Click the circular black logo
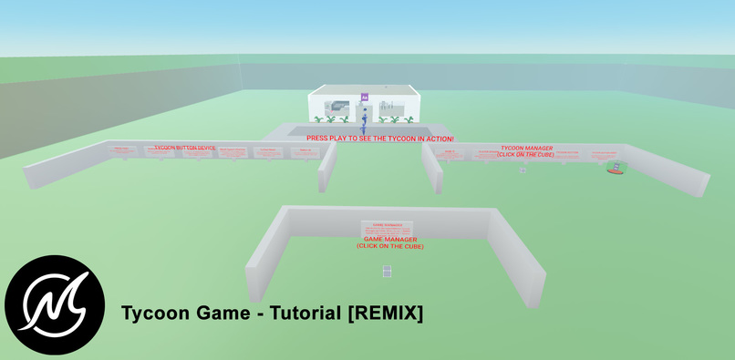coord(55,304)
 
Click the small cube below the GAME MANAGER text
coord(387,271)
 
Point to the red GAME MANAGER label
coord(390,239)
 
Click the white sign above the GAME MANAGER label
coord(388,227)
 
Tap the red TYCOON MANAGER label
coord(526,147)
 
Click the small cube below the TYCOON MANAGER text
coord(523,170)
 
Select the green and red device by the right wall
coord(617,168)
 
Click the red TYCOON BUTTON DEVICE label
coord(185,146)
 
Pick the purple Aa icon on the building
coord(365,96)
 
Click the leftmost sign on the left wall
coord(121,149)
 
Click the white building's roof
coord(363,88)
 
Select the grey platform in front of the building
coord(301,131)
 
